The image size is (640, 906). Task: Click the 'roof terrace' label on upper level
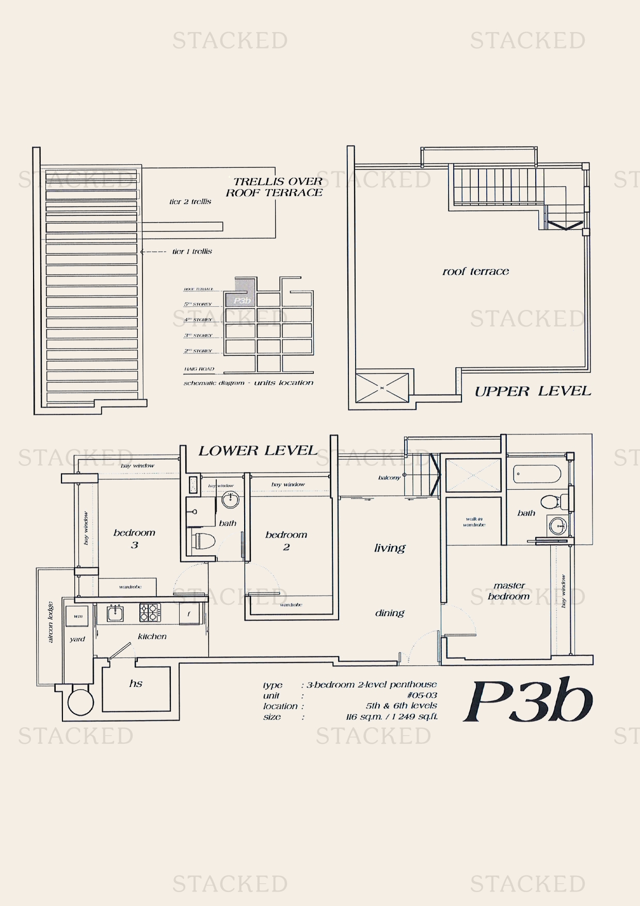[475, 271]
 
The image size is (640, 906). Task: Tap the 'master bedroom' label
[509, 591]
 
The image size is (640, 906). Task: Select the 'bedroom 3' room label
[134, 538]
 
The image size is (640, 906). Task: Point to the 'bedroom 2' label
[286, 540]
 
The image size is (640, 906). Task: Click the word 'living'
[390, 548]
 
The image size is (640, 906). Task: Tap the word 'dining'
[390, 613]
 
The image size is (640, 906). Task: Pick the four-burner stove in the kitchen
[150, 613]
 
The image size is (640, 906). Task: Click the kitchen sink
[115, 613]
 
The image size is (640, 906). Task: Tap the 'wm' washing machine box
[78, 616]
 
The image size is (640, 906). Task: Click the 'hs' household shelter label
[136, 683]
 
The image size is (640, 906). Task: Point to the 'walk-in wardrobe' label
[474, 522]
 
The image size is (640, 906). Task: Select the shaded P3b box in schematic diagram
[241, 300]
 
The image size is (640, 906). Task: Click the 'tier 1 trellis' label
[192, 252]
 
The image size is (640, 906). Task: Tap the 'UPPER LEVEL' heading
[533, 391]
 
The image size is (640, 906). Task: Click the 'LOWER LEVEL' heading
[258, 450]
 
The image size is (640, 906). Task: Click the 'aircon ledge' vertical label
[51, 622]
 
